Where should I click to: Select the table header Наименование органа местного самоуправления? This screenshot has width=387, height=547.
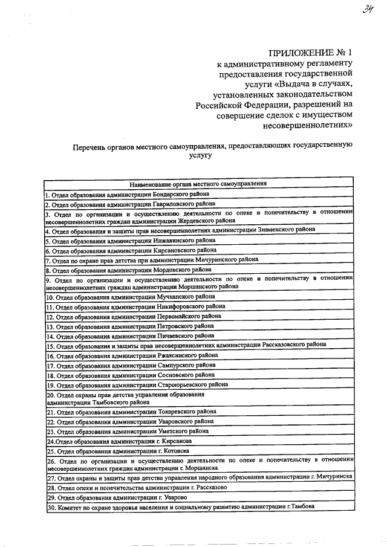coord(199,183)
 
